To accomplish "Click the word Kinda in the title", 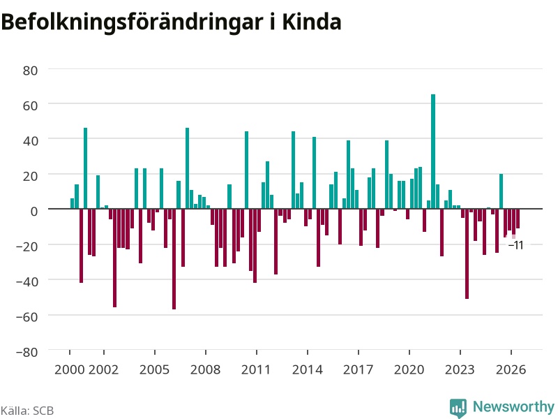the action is [x=312, y=22].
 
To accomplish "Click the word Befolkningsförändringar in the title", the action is [x=132, y=23].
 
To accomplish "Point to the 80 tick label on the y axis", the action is [x=30, y=71].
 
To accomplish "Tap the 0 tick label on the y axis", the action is [x=34, y=212].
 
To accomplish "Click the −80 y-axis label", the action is [x=27, y=352].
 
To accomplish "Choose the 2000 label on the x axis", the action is [x=69, y=369].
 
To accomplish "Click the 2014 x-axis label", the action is [x=308, y=369].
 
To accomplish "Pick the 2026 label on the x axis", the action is [x=511, y=369].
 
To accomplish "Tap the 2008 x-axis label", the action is [x=205, y=369].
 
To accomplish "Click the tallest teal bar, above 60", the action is [x=433, y=152].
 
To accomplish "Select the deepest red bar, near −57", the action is [x=174, y=259].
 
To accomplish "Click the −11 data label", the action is [x=516, y=245].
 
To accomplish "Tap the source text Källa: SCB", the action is [x=27, y=411].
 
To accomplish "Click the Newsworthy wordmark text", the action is [x=513, y=406].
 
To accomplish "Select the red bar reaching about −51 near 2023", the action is [x=467, y=253].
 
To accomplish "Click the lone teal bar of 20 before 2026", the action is [x=501, y=191].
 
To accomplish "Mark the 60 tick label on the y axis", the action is [x=30, y=106].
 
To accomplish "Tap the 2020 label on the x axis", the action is [x=409, y=369].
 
